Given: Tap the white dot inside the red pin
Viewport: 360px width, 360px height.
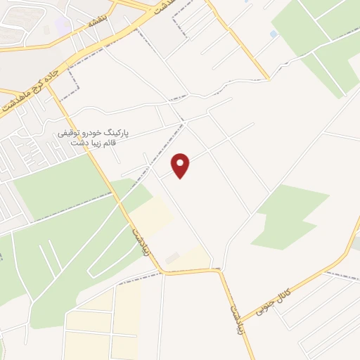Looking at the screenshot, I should (181, 162).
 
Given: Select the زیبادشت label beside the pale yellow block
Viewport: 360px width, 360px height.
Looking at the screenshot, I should (140, 240).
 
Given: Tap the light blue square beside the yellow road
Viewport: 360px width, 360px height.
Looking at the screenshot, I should (274, 34).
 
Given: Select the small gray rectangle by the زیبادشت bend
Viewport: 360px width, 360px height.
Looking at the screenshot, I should (173, 258).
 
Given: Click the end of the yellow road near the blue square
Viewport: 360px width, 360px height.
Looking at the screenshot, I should (267, 77).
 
